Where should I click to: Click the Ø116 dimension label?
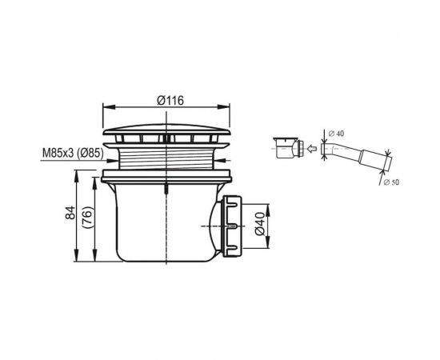click(x=170, y=101)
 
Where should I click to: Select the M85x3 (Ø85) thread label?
click(x=73, y=154)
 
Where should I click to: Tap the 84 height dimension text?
click(x=70, y=213)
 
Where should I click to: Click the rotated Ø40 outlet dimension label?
click(x=260, y=224)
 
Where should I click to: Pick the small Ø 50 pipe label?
click(x=391, y=182)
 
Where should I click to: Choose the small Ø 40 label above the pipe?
click(x=336, y=134)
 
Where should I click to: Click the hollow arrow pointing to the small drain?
click(x=312, y=149)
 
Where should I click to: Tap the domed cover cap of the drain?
click(x=166, y=130)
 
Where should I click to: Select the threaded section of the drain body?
click(x=166, y=159)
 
